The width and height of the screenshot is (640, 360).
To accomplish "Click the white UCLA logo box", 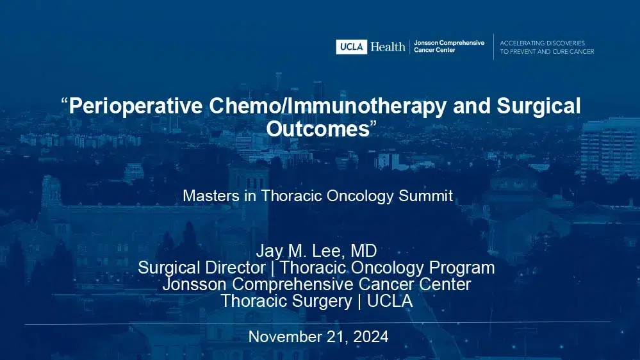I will [352, 47].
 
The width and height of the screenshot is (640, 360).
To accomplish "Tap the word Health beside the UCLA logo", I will [388, 47].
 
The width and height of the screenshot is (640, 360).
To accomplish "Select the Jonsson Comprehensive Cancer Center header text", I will [448, 46].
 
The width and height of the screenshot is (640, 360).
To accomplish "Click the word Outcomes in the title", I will [316, 127].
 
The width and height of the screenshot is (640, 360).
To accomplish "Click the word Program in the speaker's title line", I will [461, 268].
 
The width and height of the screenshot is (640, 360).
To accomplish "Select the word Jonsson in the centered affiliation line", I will [190, 284].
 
